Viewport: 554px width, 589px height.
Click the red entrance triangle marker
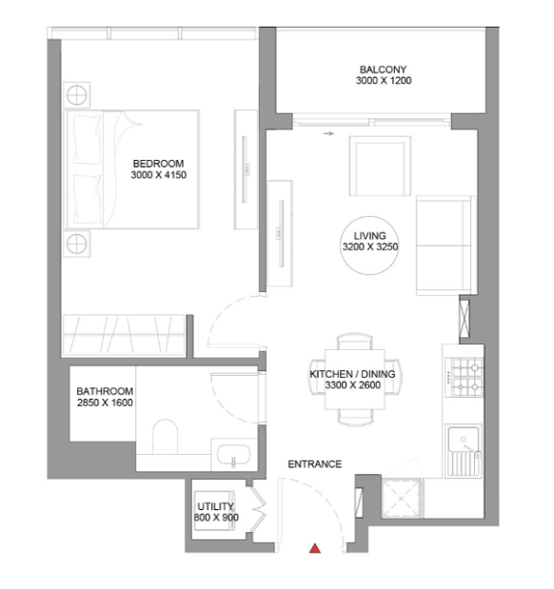click(315, 548)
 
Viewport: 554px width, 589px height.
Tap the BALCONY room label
click(383, 69)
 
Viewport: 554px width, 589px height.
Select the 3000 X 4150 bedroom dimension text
click(159, 175)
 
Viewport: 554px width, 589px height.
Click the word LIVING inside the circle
click(370, 236)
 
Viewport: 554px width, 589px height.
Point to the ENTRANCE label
click(314, 464)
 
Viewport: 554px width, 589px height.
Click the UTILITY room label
click(215, 506)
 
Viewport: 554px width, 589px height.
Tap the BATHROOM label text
click(105, 391)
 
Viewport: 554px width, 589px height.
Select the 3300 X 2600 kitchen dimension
click(353, 385)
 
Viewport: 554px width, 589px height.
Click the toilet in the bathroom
click(165, 437)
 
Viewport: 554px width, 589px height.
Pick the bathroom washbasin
click(233, 455)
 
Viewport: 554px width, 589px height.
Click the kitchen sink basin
click(464, 440)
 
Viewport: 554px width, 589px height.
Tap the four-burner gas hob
click(465, 377)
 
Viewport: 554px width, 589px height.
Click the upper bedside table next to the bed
click(77, 95)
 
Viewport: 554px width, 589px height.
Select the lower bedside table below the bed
click(77, 245)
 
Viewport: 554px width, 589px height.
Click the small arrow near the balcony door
click(328, 133)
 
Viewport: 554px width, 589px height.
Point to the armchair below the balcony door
click(380, 166)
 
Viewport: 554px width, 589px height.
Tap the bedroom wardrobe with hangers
click(124, 335)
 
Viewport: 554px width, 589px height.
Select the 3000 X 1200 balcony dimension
click(384, 80)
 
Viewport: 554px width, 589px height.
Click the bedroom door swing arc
click(222, 309)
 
